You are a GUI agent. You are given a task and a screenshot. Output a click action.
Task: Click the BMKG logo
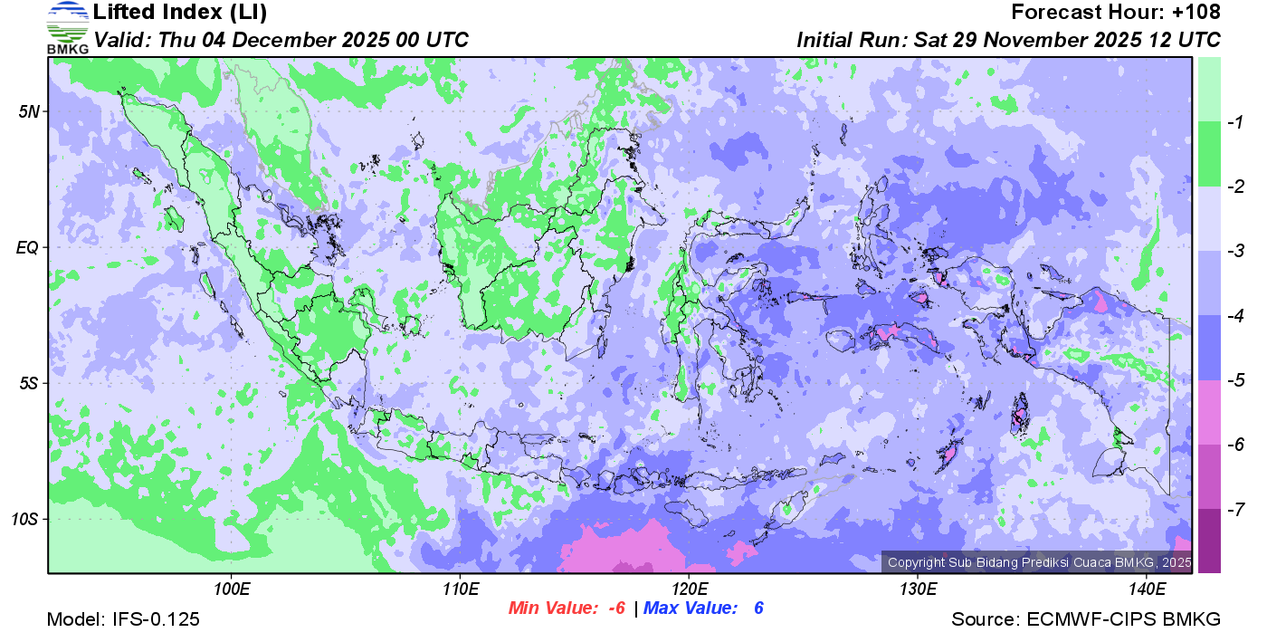tap(67, 27)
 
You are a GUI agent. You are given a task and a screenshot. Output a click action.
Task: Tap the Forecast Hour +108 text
tap(1116, 13)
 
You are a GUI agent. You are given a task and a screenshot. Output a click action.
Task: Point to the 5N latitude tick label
tap(29, 111)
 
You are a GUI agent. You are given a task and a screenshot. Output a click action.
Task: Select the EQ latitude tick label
tap(28, 247)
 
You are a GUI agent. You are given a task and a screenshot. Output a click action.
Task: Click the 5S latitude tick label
tap(29, 383)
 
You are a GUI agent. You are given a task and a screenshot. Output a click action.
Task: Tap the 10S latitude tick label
tap(25, 519)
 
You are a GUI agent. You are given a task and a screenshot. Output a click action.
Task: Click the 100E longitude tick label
tap(232, 589)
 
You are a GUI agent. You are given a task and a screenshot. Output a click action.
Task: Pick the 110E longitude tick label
tap(460, 589)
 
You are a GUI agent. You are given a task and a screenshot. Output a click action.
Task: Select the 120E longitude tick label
tap(689, 589)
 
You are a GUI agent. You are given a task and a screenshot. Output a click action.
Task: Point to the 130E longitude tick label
tap(917, 589)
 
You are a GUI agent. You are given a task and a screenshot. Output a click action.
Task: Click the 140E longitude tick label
tap(1146, 589)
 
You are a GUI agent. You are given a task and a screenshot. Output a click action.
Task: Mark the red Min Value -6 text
tap(567, 608)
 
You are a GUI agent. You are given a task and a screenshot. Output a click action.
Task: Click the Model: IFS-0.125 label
tap(123, 620)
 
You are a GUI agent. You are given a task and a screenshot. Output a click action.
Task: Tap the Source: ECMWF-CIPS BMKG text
tap(1086, 620)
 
